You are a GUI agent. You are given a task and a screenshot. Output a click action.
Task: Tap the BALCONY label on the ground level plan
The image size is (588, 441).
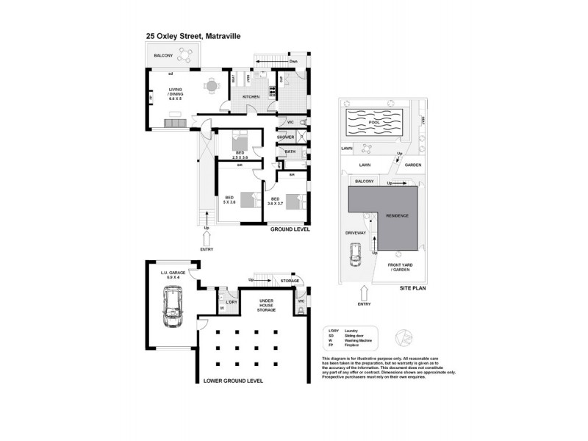163,56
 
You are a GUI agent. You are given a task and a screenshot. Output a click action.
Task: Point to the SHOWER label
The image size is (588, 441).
285,137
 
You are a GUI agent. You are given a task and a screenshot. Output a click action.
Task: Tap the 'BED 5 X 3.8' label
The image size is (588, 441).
230,201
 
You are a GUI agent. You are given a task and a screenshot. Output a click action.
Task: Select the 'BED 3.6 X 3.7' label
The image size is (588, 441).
276,201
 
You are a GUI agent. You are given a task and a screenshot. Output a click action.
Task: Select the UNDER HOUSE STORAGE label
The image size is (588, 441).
266,305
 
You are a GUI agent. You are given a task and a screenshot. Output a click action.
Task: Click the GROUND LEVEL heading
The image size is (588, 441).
289,229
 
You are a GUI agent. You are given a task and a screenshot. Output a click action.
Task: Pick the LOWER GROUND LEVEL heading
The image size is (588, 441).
233,381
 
